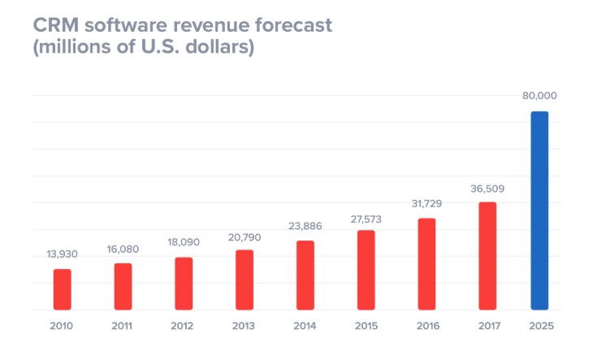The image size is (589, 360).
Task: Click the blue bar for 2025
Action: pyautogui.click(x=539, y=210)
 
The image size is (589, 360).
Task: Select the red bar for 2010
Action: pyautogui.click(x=63, y=289)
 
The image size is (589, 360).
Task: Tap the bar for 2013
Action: pyautogui.click(x=245, y=280)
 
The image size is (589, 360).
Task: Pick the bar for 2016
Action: pyautogui.click(x=427, y=263)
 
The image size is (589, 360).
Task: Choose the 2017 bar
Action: pyautogui.click(x=487, y=255)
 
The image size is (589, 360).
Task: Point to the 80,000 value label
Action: pyautogui.click(x=539, y=96)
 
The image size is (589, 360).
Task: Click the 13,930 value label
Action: pyautogui.click(x=63, y=254)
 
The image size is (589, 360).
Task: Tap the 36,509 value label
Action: pyautogui.click(x=487, y=189)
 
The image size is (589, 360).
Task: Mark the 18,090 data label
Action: pyautogui.click(x=184, y=242)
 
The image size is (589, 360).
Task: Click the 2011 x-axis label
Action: pyautogui.click(x=123, y=327)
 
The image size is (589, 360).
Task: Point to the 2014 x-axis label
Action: pyautogui.click(x=305, y=327)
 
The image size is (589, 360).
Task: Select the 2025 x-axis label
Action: pyautogui.click(x=539, y=327)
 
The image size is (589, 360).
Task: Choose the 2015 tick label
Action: pyautogui.click(x=366, y=327)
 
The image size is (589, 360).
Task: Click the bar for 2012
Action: pyautogui.click(x=184, y=284)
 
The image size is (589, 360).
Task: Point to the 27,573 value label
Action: pyautogui.click(x=366, y=219)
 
